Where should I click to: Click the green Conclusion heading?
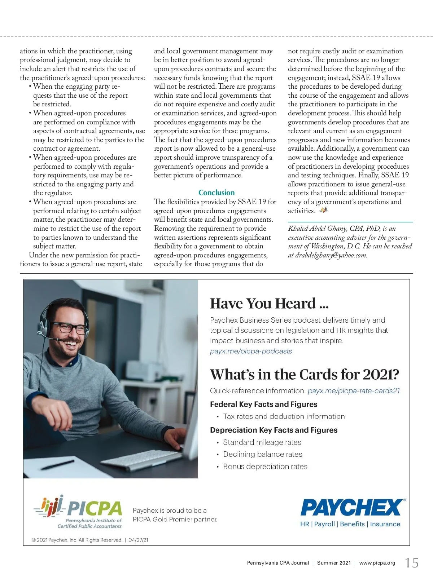216,193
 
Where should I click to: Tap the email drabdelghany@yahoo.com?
331,255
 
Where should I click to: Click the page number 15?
412,563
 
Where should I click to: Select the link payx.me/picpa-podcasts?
251,351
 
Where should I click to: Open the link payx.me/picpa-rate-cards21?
354,391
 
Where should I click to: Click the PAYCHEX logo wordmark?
351,508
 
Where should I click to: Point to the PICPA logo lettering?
95,509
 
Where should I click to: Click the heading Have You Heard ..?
269,304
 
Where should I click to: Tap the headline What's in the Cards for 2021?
305,375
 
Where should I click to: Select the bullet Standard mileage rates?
262,442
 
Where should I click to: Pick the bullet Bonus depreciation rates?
265,467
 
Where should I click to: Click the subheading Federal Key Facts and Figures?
263,404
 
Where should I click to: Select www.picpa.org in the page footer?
377,563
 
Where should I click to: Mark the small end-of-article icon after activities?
324,210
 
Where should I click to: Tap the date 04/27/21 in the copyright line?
138,540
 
